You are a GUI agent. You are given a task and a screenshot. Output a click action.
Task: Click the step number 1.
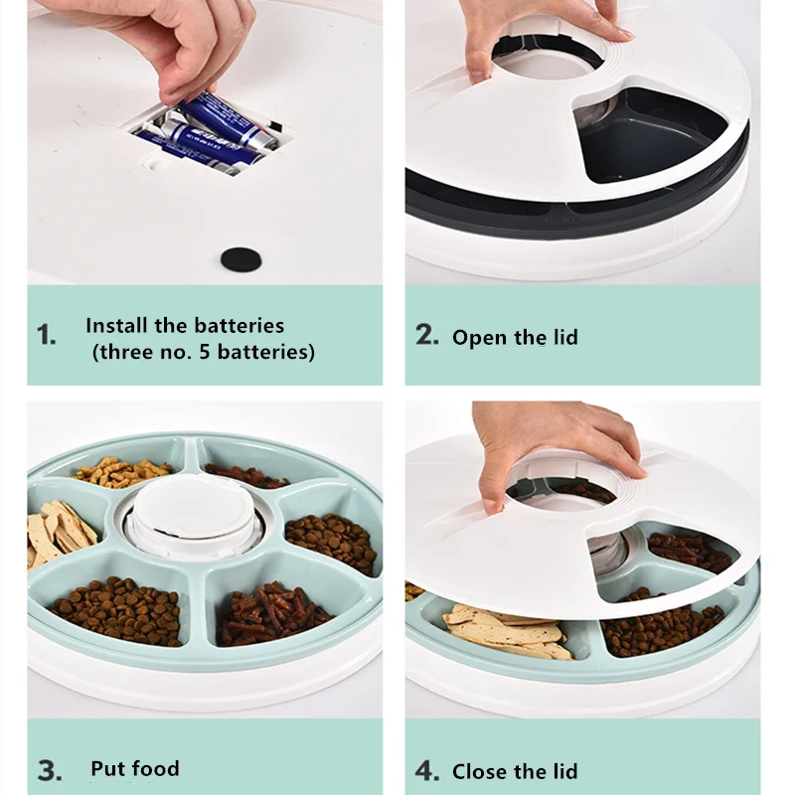[x=46, y=335]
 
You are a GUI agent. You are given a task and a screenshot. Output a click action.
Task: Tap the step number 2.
[x=427, y=335]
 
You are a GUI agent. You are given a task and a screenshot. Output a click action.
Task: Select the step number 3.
[x=50, y=771]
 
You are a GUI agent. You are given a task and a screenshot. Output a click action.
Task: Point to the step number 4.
[x=427, y=771]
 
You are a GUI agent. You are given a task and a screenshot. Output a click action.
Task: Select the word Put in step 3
[x=105, y=768]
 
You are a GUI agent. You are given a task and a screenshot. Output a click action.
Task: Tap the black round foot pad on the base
[x=241, y=259]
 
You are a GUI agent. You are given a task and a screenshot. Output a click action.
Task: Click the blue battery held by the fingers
[x=226, y=120]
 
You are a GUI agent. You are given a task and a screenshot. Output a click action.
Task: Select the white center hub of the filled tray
[x=193, y=515]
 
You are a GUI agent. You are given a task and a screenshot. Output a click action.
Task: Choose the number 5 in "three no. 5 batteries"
[x=205, y=352]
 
